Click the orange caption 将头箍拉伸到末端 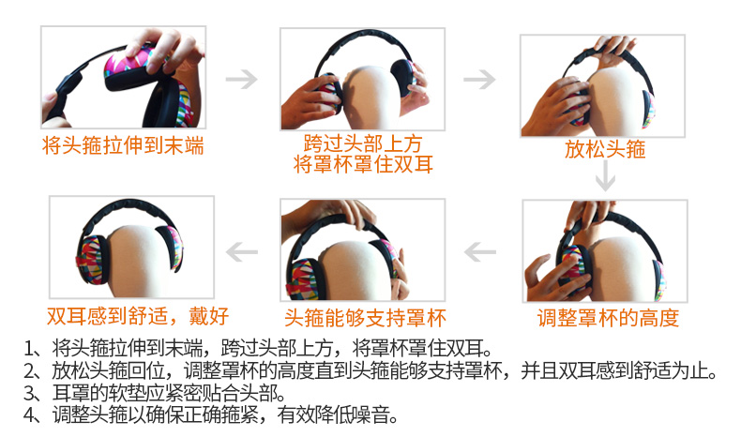pyautogui.click(x=123, y=145)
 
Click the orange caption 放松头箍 pyautogui.click(x=605, y=149)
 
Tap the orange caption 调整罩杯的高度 pyautogui.click(x=608, y=318)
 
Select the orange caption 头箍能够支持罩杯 pyautogui.click(x=365, y=318)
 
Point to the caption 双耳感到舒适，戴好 pyautogui.click(x=138, y=316)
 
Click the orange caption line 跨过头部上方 pyautogui.click(x=362, y=143)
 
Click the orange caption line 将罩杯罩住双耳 pyautogui.click(x=363, y=164)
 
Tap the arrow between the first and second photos pyautogui.click(x=242, y=79)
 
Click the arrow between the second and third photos pyautogui.click(x=479, y=79)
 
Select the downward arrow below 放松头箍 pyautogui.click(x=605, y=175)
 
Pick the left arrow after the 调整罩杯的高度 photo pyautogui.click(x=480, y=252)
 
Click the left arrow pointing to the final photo pyautogui.click(x=242, y=252)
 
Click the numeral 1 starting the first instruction pyautogui.click(x=29, y=349)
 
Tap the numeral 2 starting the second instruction pyautogui.click(x=29, y=371)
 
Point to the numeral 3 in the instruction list pyautogui.click(x=29, y=393)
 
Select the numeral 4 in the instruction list pyautogui.click(x=29, y=414)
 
